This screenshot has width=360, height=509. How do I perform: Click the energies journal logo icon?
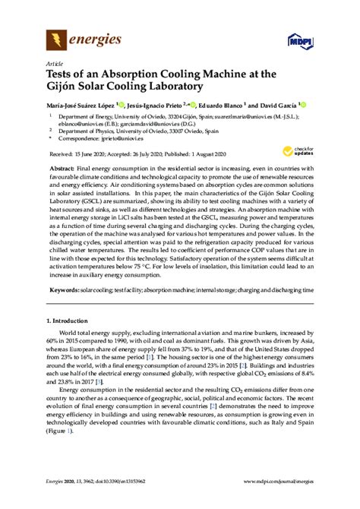(57, 37)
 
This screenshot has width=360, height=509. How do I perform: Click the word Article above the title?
(55, 63)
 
